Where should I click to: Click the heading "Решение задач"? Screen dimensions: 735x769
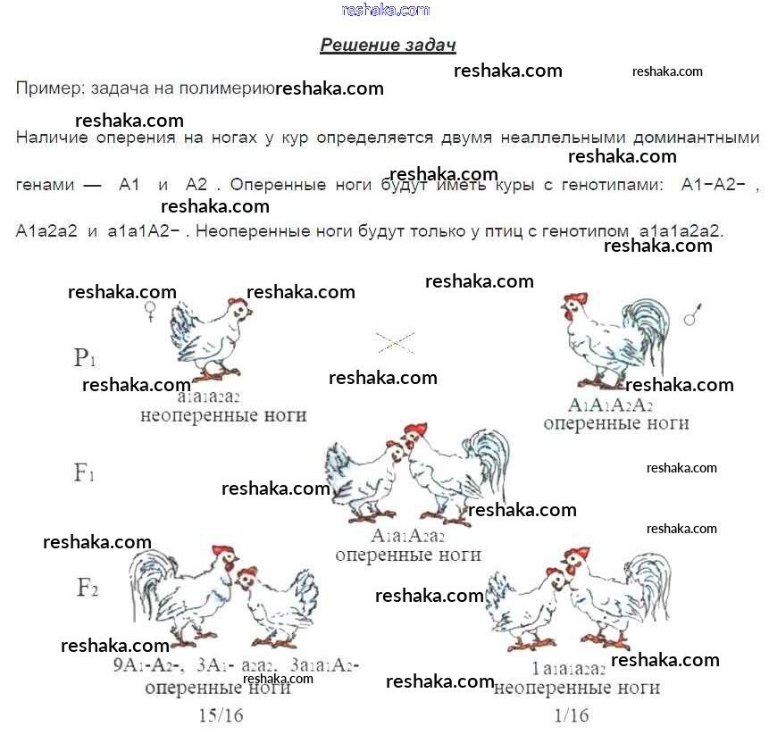pyautogui.click(x=388, y=46)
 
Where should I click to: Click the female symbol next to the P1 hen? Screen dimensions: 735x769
pyautogui.click(x=152, y=311)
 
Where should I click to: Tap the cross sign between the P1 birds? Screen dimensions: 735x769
pyautogui.click(x=395, y=341)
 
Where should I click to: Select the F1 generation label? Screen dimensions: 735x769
pyautogui.click(x=84, y=472)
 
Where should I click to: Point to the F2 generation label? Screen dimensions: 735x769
pyautogui.click(x=87, y=588)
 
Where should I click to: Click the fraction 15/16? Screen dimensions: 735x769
pyautogui.click(x=221, y=714)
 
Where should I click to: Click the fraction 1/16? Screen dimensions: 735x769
pyautogui.click(x=572, y=714)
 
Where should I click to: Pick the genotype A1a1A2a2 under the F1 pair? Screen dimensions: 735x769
pyautogui.click(x=408, y=537)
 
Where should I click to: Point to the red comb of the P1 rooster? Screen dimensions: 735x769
pyautogui.click(x=576, y=298)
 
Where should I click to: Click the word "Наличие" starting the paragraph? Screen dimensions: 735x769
pyautogui.click(x=47, y=138)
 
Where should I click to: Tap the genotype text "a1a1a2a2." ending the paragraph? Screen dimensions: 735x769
pyautogui.click(x=681, y=230)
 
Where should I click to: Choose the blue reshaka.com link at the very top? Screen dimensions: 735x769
pyautogui.click(x=386, y=10)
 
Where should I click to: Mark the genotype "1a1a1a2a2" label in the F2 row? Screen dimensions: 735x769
pyautogui.click(x=568, y=669)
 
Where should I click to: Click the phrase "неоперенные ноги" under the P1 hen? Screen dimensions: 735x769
pyautogui.click(x=223, y=415)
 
